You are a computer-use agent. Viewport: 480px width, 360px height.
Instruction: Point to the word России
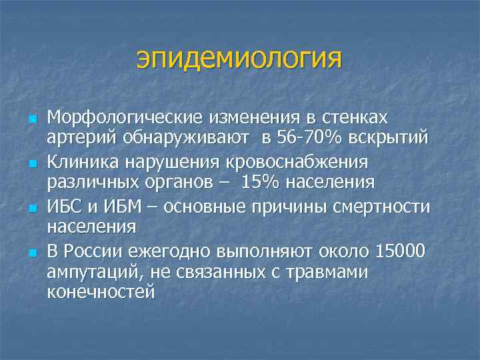[x=93, y=251]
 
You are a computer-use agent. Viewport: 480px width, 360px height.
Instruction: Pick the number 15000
[x=399, y=251]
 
